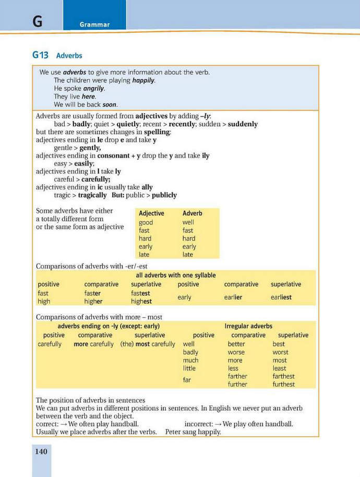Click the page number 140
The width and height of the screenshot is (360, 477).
pos(41,451)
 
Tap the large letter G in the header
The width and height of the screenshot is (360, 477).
pos(37,21)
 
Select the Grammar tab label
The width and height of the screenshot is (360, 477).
pos(94,25)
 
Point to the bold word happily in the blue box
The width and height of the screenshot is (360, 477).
pos(143,81)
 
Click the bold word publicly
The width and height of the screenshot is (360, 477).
pos(164,195)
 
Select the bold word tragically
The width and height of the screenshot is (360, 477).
pos(92,195)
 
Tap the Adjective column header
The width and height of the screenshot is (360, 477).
pos(151,213)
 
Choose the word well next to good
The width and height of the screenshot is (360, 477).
pos(188,222)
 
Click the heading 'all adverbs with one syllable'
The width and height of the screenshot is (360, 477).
pos(175,276)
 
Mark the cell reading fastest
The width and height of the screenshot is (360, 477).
pos(141,293)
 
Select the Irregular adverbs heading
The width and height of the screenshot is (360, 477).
pos(248,326)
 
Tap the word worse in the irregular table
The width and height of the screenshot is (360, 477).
pos(236,352)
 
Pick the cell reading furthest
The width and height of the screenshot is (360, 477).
pos(283,385)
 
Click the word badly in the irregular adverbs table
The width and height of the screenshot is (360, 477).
pos(190,352)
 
